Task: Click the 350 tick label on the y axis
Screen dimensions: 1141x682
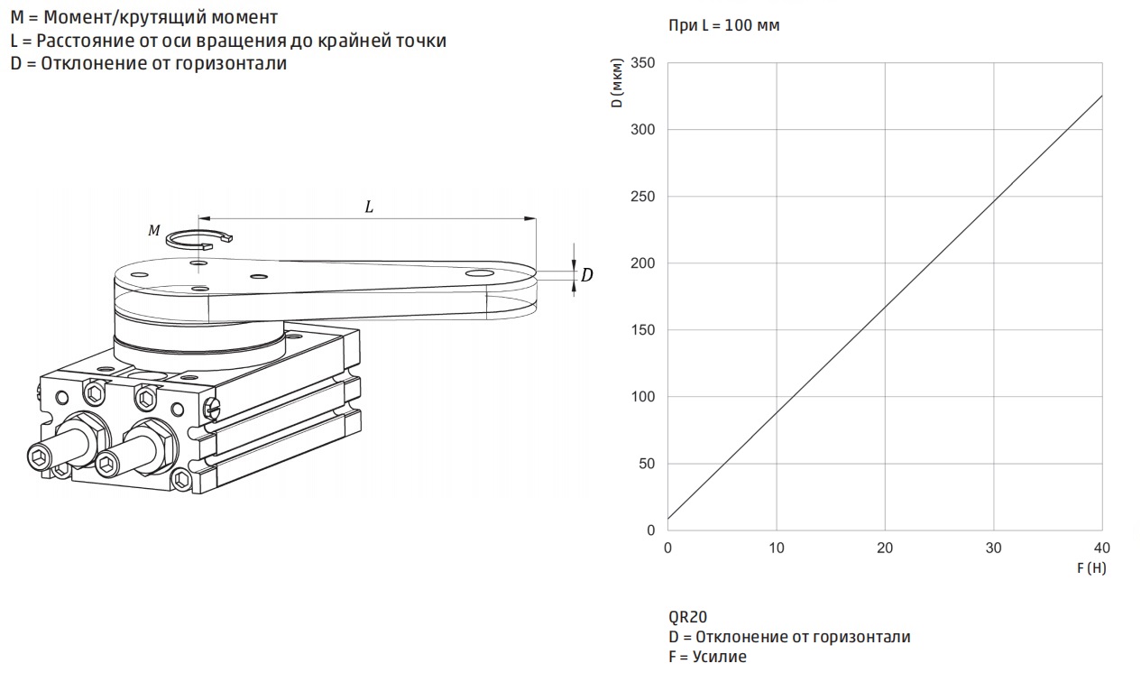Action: pos(643,63)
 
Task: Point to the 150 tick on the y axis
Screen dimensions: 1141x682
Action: pos(643,330)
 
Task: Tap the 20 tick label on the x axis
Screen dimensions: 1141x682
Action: pos(885,548)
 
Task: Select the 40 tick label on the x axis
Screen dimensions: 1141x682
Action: pos(1102,548)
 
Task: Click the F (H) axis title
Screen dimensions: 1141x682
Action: pos(1091,568)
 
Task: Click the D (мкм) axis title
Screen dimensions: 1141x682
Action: pos(617,83)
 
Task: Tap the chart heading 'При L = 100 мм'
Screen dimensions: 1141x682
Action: pos(723,25)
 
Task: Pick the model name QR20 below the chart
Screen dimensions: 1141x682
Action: pos(687,617)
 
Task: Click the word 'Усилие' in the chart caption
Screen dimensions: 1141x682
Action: pos(719,657)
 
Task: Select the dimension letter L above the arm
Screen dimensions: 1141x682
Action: pos(369,207)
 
